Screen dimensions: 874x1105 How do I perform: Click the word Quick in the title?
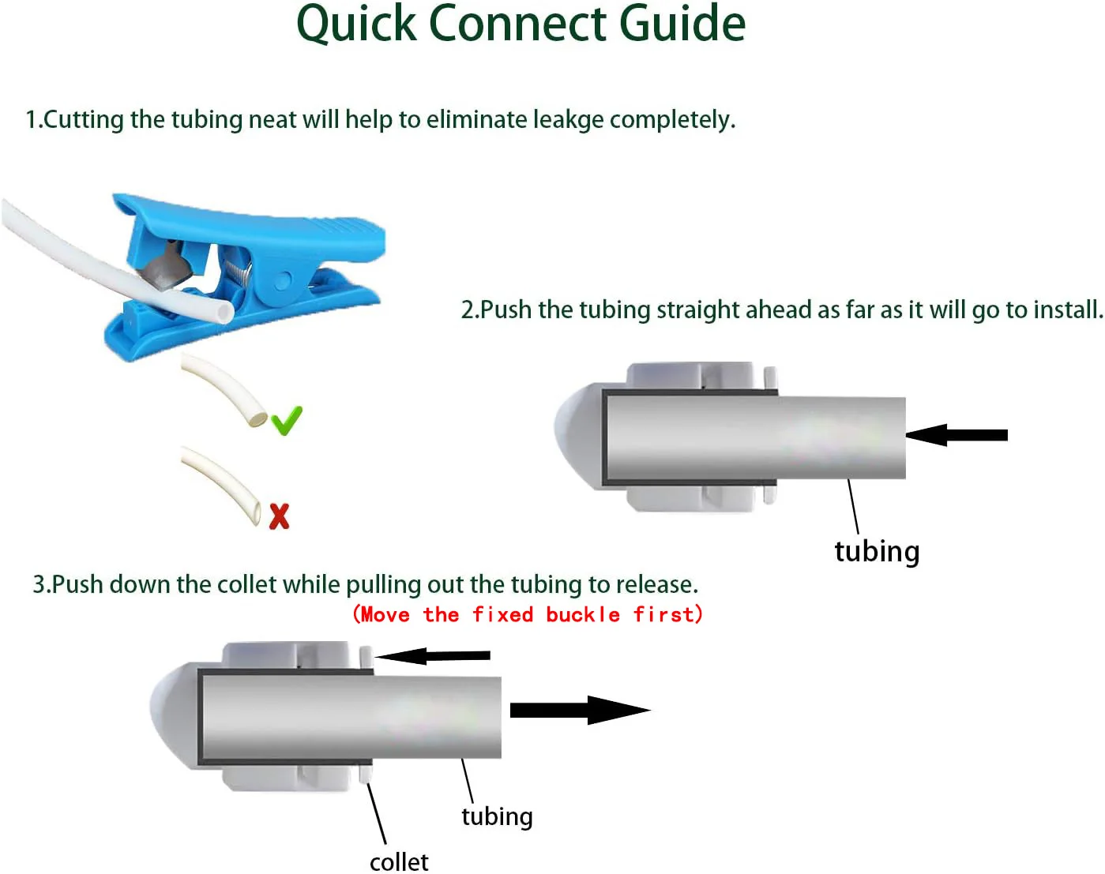pos(355,24)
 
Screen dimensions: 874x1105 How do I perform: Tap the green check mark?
pos(286,421)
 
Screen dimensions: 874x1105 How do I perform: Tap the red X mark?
pos(279,516)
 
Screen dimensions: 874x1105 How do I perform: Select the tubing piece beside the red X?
pos(221,483)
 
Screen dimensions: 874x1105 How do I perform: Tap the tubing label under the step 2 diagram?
pos(877,551)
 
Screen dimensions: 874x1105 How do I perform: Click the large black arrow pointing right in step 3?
pos(580,710)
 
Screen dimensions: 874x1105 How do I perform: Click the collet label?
pos(399,861)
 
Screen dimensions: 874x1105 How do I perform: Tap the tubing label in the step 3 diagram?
pos(497,816)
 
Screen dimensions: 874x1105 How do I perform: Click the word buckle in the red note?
pos(583,614)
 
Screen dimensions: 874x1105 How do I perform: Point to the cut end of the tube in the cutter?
pos(226,313)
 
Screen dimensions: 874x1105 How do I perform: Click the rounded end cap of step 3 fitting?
pos(170,715)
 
